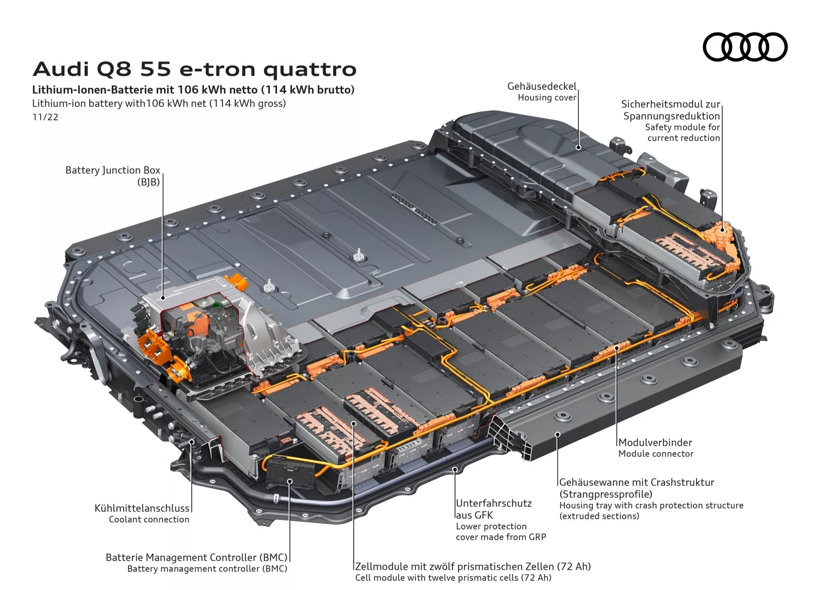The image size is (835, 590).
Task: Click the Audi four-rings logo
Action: (745, 47)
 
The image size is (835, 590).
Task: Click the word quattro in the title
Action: (310, 70)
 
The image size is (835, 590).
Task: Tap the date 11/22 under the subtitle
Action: (45, 117)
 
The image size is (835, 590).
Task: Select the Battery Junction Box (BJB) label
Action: (113, 176)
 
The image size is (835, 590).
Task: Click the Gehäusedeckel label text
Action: (541, 87)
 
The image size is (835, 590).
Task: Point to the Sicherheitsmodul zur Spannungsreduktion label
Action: (671, 110)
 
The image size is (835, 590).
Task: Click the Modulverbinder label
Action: (655, 443)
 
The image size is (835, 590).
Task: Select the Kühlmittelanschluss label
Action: (142, 508)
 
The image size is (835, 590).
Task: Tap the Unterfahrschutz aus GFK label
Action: (494, 509)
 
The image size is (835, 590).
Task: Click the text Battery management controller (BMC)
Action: (207, 569)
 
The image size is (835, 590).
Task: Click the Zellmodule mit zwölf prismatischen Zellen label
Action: (473, 567)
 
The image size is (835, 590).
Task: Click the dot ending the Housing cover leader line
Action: (578, 147)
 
